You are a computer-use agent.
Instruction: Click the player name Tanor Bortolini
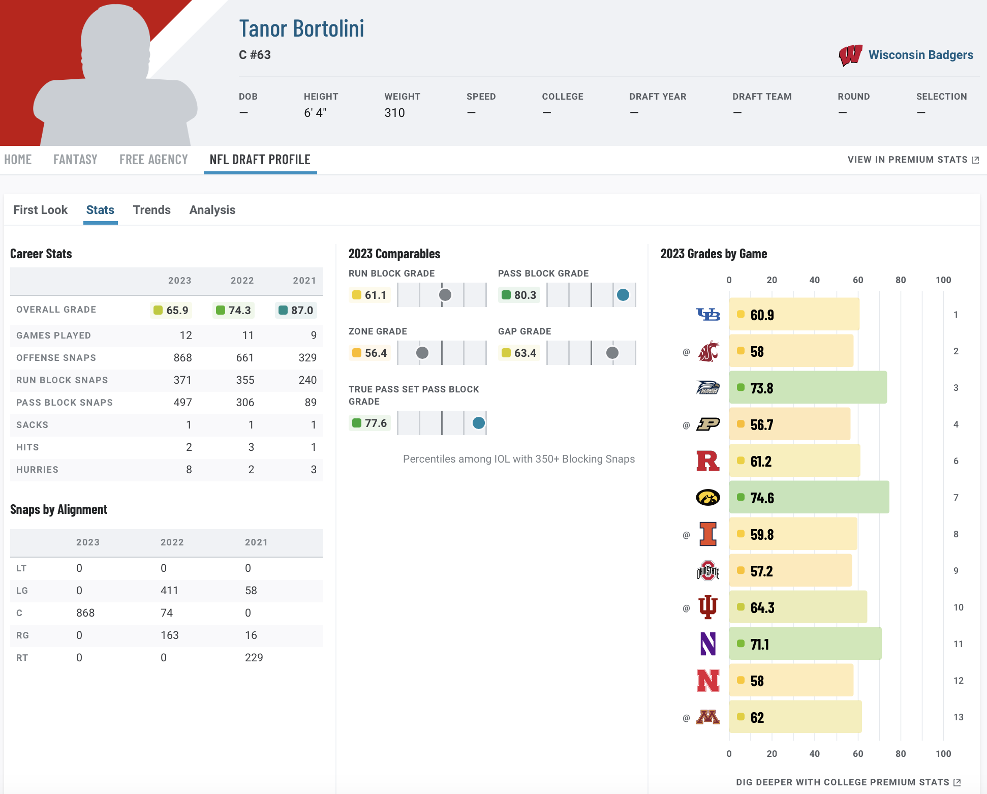[301, 29]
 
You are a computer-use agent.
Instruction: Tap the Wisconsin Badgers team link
[920, 55]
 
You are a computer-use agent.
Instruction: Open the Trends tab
[151, 210]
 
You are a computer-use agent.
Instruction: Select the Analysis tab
[212, 210]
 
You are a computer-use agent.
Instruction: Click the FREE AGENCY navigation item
[153, 160]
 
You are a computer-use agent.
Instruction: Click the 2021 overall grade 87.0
[296, 310]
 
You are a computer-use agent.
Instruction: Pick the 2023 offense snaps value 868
[182, 358]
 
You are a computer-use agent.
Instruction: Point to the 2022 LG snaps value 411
[169, 591]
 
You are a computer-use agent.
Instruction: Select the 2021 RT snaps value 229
[254, 658]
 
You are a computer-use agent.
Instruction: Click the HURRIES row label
[37, 470]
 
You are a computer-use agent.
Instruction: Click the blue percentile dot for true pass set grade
[478, 423]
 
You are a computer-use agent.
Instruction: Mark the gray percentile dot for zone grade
[422, 353]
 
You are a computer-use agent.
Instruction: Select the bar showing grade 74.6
[809, 497]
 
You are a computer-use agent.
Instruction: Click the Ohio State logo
[707, 571]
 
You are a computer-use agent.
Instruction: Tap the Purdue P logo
[707, 424]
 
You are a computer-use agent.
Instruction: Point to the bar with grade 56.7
[789, 424]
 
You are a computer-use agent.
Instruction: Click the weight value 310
[394, 113]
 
